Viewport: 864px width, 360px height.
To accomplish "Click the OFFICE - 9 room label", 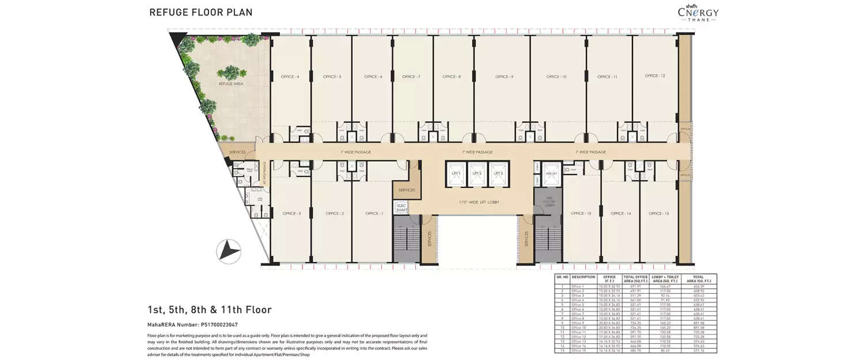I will pyautogui.click(x=503, y=77).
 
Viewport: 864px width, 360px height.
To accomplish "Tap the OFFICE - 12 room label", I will pyautogui.click(x=655, y=76).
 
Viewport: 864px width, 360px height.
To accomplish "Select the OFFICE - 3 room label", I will pyautogui.click(x=291, y=214).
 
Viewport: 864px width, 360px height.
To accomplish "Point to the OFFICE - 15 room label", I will pyautogui.click(x=581, y=214).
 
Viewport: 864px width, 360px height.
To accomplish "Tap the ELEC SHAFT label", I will pyautogui.click(x=401, y=208).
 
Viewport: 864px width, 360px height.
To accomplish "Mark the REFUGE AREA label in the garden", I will pyautogui.click(x=230, y=84).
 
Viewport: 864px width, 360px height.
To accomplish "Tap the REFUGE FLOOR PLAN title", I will pyautogui.click(x=200, y=12).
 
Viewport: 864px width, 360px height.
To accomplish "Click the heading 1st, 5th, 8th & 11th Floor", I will pyautogui.click(x=209, y=310).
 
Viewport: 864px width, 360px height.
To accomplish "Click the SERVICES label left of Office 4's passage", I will pyautogui.click(x=238, y=152).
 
